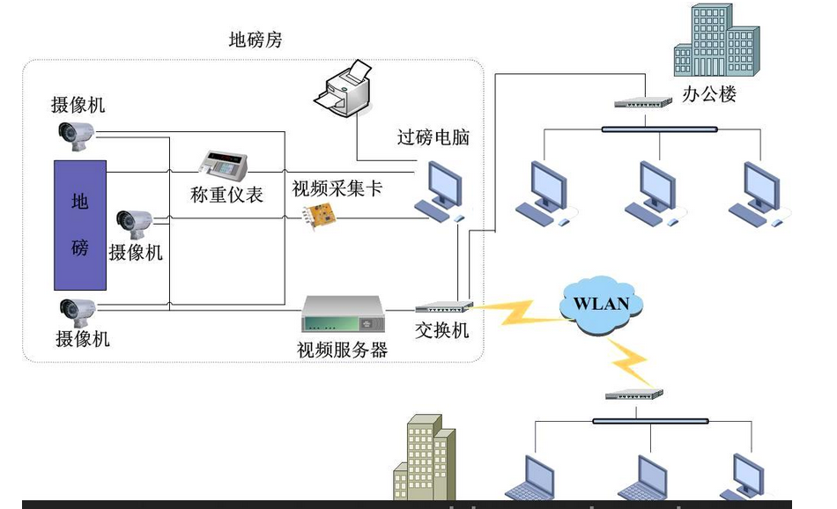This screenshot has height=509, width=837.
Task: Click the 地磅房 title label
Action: point(256,41)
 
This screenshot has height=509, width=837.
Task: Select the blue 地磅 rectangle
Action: point(80,225)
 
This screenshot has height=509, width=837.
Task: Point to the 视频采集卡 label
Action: point(337,188)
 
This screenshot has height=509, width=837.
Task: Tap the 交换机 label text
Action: point(442,331)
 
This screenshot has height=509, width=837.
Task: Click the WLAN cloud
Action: point(601,304)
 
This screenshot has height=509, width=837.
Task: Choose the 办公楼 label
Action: point(708,94)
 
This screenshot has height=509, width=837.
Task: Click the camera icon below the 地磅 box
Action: point(75,309)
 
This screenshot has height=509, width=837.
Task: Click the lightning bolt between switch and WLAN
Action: point(515,309)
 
